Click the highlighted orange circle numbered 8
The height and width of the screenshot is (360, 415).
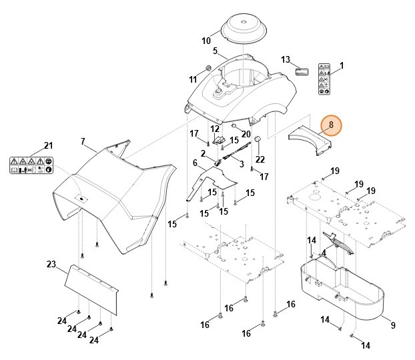point(330,125)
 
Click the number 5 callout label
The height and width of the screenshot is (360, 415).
point(215,51)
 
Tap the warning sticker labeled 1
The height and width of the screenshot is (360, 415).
point(324,78)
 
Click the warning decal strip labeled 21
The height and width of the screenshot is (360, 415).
point(31,165)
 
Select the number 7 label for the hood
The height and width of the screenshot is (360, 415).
point(83,141)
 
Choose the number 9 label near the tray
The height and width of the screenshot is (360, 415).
point(392,325)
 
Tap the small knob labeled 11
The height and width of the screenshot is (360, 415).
point(207,69)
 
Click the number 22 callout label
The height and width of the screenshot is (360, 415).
point(260,159)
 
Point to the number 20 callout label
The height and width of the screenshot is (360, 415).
point(246,133)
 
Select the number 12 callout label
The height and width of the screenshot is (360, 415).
point(215,129)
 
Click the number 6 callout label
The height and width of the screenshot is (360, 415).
point(195,163)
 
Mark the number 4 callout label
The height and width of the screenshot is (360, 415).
point(323,253)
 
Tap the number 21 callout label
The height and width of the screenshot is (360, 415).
point(47,146)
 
